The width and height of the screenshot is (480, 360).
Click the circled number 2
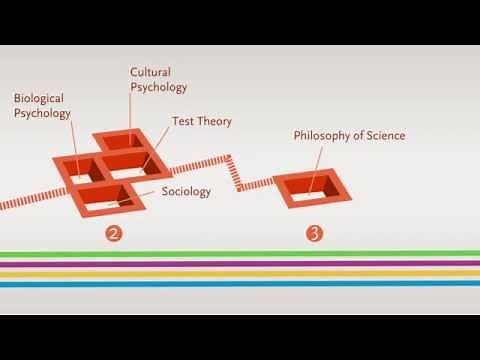[115, 235]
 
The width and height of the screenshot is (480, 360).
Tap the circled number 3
[315, 235]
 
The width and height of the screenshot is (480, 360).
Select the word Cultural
[151, 71]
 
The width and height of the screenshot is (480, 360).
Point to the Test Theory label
[202, 122]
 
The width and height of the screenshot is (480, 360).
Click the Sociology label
[186, 191]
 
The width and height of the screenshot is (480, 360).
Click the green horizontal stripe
[240, 254]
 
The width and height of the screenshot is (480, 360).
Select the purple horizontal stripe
[240, 263]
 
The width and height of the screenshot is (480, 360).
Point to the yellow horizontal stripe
[240, 273]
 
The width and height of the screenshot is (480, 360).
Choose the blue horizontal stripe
[240, 284]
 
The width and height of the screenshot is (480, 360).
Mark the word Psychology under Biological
[42, 113]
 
